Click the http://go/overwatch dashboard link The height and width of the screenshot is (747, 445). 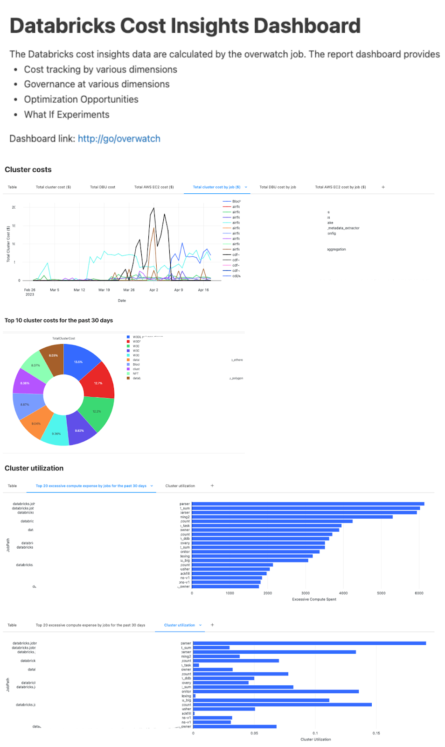[x=119, y=139]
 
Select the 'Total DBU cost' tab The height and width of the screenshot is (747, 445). [x=103, y=187]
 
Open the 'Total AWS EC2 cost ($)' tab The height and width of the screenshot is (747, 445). [x=154, y=187]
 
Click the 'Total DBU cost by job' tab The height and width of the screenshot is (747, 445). [x=278, y=187]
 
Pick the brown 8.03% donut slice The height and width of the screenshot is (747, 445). [x=53, y=357]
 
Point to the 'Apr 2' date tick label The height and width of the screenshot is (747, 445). [x=153, y=290]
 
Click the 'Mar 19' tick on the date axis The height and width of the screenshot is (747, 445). [x=104, y=290]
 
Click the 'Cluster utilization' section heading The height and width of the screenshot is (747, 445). [x=34, y=468]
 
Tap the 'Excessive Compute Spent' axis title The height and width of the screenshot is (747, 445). [x=314, y=599]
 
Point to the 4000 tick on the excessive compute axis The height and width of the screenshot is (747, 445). [x=343, y=593]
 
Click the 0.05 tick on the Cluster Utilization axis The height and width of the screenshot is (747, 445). [x=254, y=733]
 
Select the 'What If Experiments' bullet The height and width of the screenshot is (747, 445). [x=67, y=115]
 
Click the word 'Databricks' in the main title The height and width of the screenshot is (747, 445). [x=63, y=26]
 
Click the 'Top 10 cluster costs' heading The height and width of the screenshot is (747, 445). [x=59, y=320]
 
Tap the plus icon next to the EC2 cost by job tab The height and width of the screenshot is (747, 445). [x=383, y=187]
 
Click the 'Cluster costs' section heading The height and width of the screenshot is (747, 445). [x=28, y=169]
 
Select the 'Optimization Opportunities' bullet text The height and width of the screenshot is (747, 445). [x=81, y=99]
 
